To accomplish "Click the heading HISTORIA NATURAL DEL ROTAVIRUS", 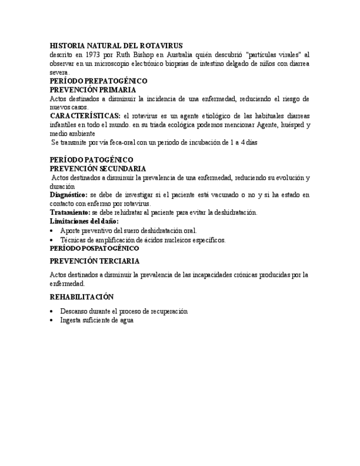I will (116, 46).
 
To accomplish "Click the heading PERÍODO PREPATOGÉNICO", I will (98, 81).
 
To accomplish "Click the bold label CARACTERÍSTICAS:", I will (85, 116).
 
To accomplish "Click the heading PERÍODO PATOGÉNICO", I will (91, 160).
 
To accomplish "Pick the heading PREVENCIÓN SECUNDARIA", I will (98, 169).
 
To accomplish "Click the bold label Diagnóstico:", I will (68, 195).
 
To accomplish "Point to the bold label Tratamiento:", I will (70, 212).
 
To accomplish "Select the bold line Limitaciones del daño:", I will (84, 221).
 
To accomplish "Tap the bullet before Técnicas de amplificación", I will (52, 240).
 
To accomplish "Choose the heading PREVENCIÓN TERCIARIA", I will (95, 261).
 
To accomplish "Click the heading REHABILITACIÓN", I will (81, 297).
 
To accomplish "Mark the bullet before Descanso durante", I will (52, 312).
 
